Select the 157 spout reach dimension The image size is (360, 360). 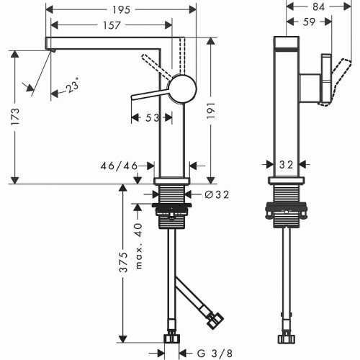click(x=110, y=24)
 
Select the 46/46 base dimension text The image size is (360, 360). click(x=119, y=166)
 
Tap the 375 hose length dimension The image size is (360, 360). click(x=123, y=262)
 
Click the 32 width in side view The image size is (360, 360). click(x=287, y=165)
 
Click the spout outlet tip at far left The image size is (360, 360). click(x=50, y=48)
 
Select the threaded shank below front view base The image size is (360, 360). click(x=172, y=197)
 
